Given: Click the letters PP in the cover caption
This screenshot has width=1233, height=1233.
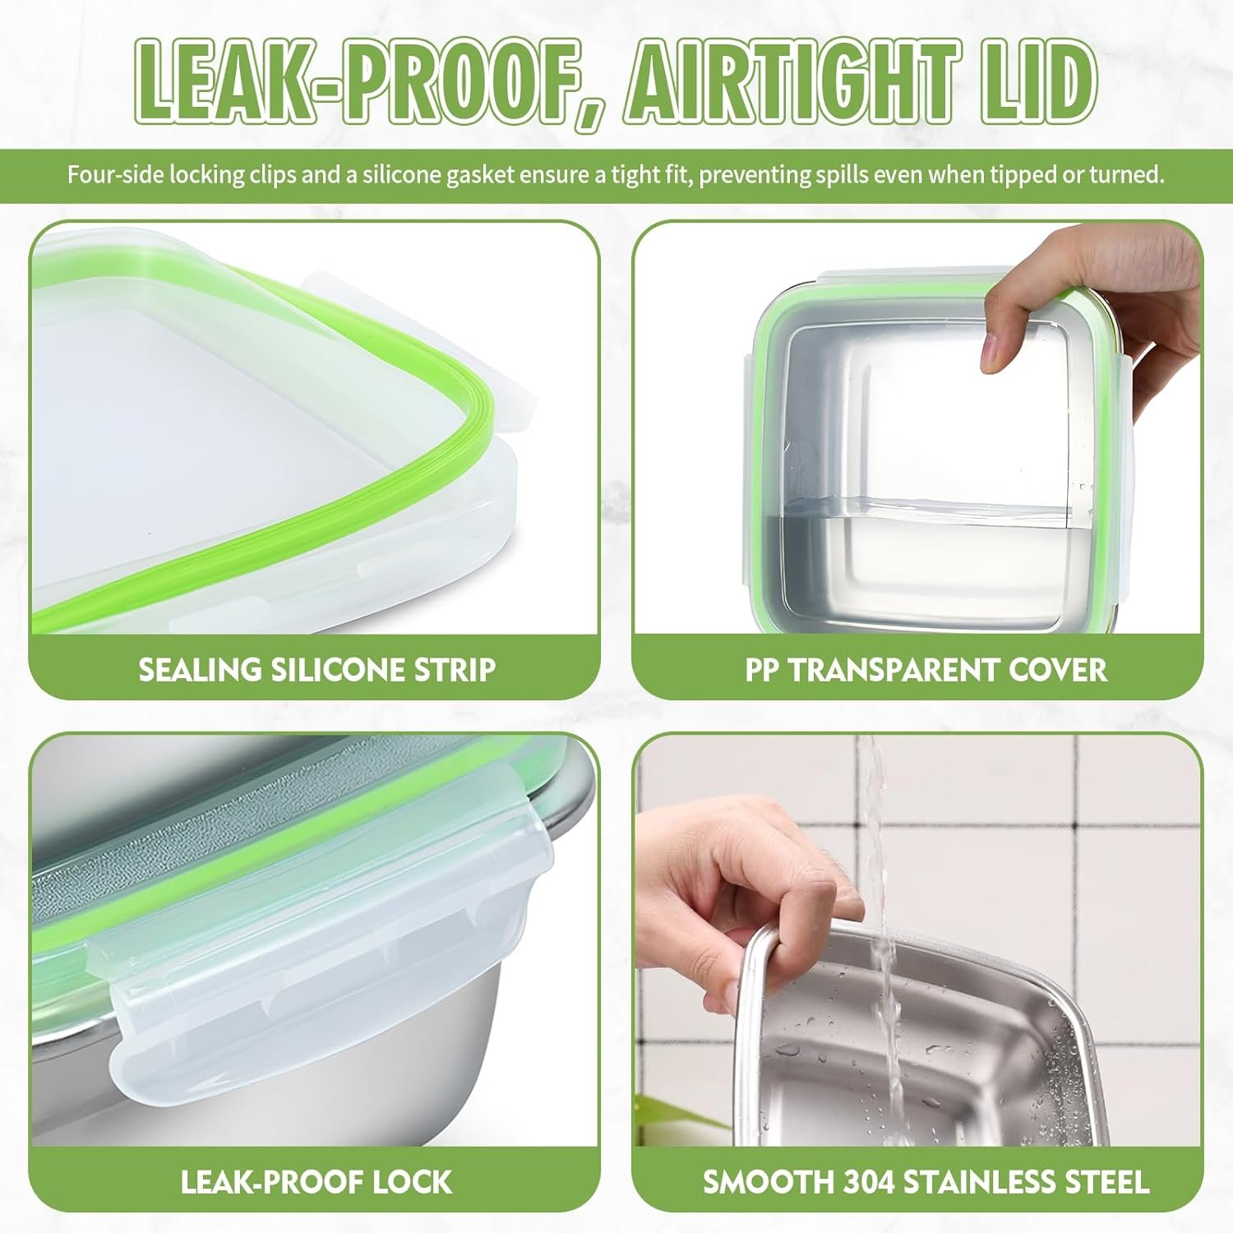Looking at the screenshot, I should click(762, 670).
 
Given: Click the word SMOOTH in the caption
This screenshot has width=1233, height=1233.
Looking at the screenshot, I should click(768, 1182).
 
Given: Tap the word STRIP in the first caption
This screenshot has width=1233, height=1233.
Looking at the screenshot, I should click(456, 670).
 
